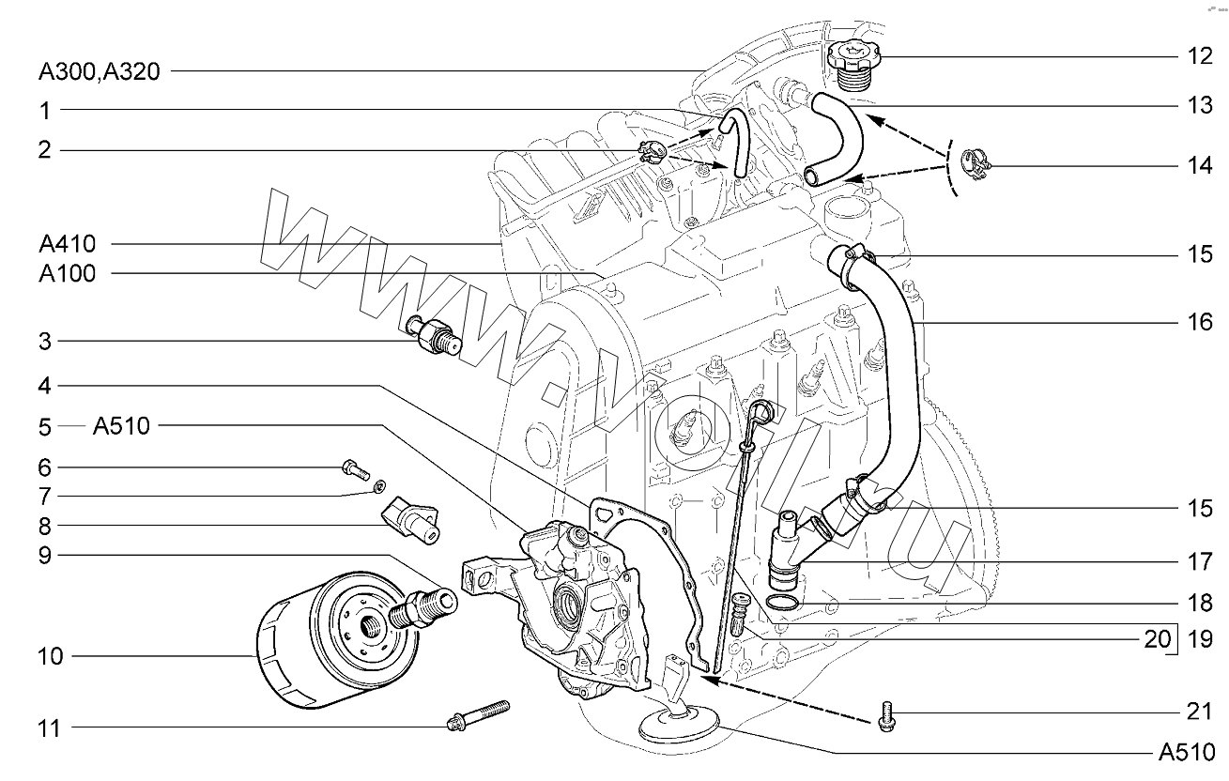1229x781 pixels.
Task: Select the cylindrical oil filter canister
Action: (x=336, y=640)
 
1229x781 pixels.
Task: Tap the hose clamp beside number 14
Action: (x=976, y=164)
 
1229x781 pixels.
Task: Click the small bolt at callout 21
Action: (x=886, y=716)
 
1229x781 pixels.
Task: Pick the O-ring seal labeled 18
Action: (x=781, y=602)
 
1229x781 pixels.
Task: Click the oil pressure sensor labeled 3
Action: (x=434, y=336)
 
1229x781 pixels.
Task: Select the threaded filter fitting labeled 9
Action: (x=422, y=609)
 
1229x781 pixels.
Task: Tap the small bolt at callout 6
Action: (x=355, y=469)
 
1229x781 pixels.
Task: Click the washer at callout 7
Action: (x=378, y=485)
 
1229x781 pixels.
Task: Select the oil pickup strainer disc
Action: (x=679, y=731)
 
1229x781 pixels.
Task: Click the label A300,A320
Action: (x=100, y=71)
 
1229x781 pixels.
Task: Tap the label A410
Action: (x=68, y=244)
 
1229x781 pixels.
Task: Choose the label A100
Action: (x=68, y=273)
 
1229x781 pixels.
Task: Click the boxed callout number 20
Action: (x=1158, y=639)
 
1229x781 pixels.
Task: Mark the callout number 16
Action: (x=1200, y=322)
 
